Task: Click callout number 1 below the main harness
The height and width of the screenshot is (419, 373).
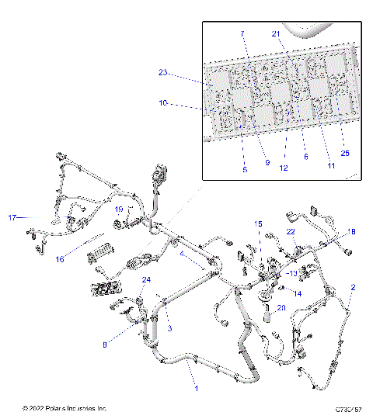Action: (x=195, y=388)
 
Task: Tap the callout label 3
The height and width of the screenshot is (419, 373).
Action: (x=169, y=329)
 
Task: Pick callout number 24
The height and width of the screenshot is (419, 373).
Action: (x=145, y=279)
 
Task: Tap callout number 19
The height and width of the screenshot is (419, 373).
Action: (x=120, y=209)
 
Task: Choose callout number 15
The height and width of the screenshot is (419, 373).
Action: (x=259, y=223)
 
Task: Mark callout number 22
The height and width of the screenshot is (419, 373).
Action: (x=291, y=232)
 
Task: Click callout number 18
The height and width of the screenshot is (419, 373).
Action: (x=351, y=231)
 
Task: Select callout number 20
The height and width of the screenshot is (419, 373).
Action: (x=281, y=307)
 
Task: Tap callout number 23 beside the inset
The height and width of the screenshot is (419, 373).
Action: (x=163, y=73)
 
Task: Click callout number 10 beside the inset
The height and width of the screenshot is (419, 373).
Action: (x=163, y=102)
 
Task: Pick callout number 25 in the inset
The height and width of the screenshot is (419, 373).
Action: (x=345, y=153)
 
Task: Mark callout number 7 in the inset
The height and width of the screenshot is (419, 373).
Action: (x=242, y=35)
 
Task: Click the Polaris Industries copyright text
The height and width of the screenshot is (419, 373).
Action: (x=65, y=408)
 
